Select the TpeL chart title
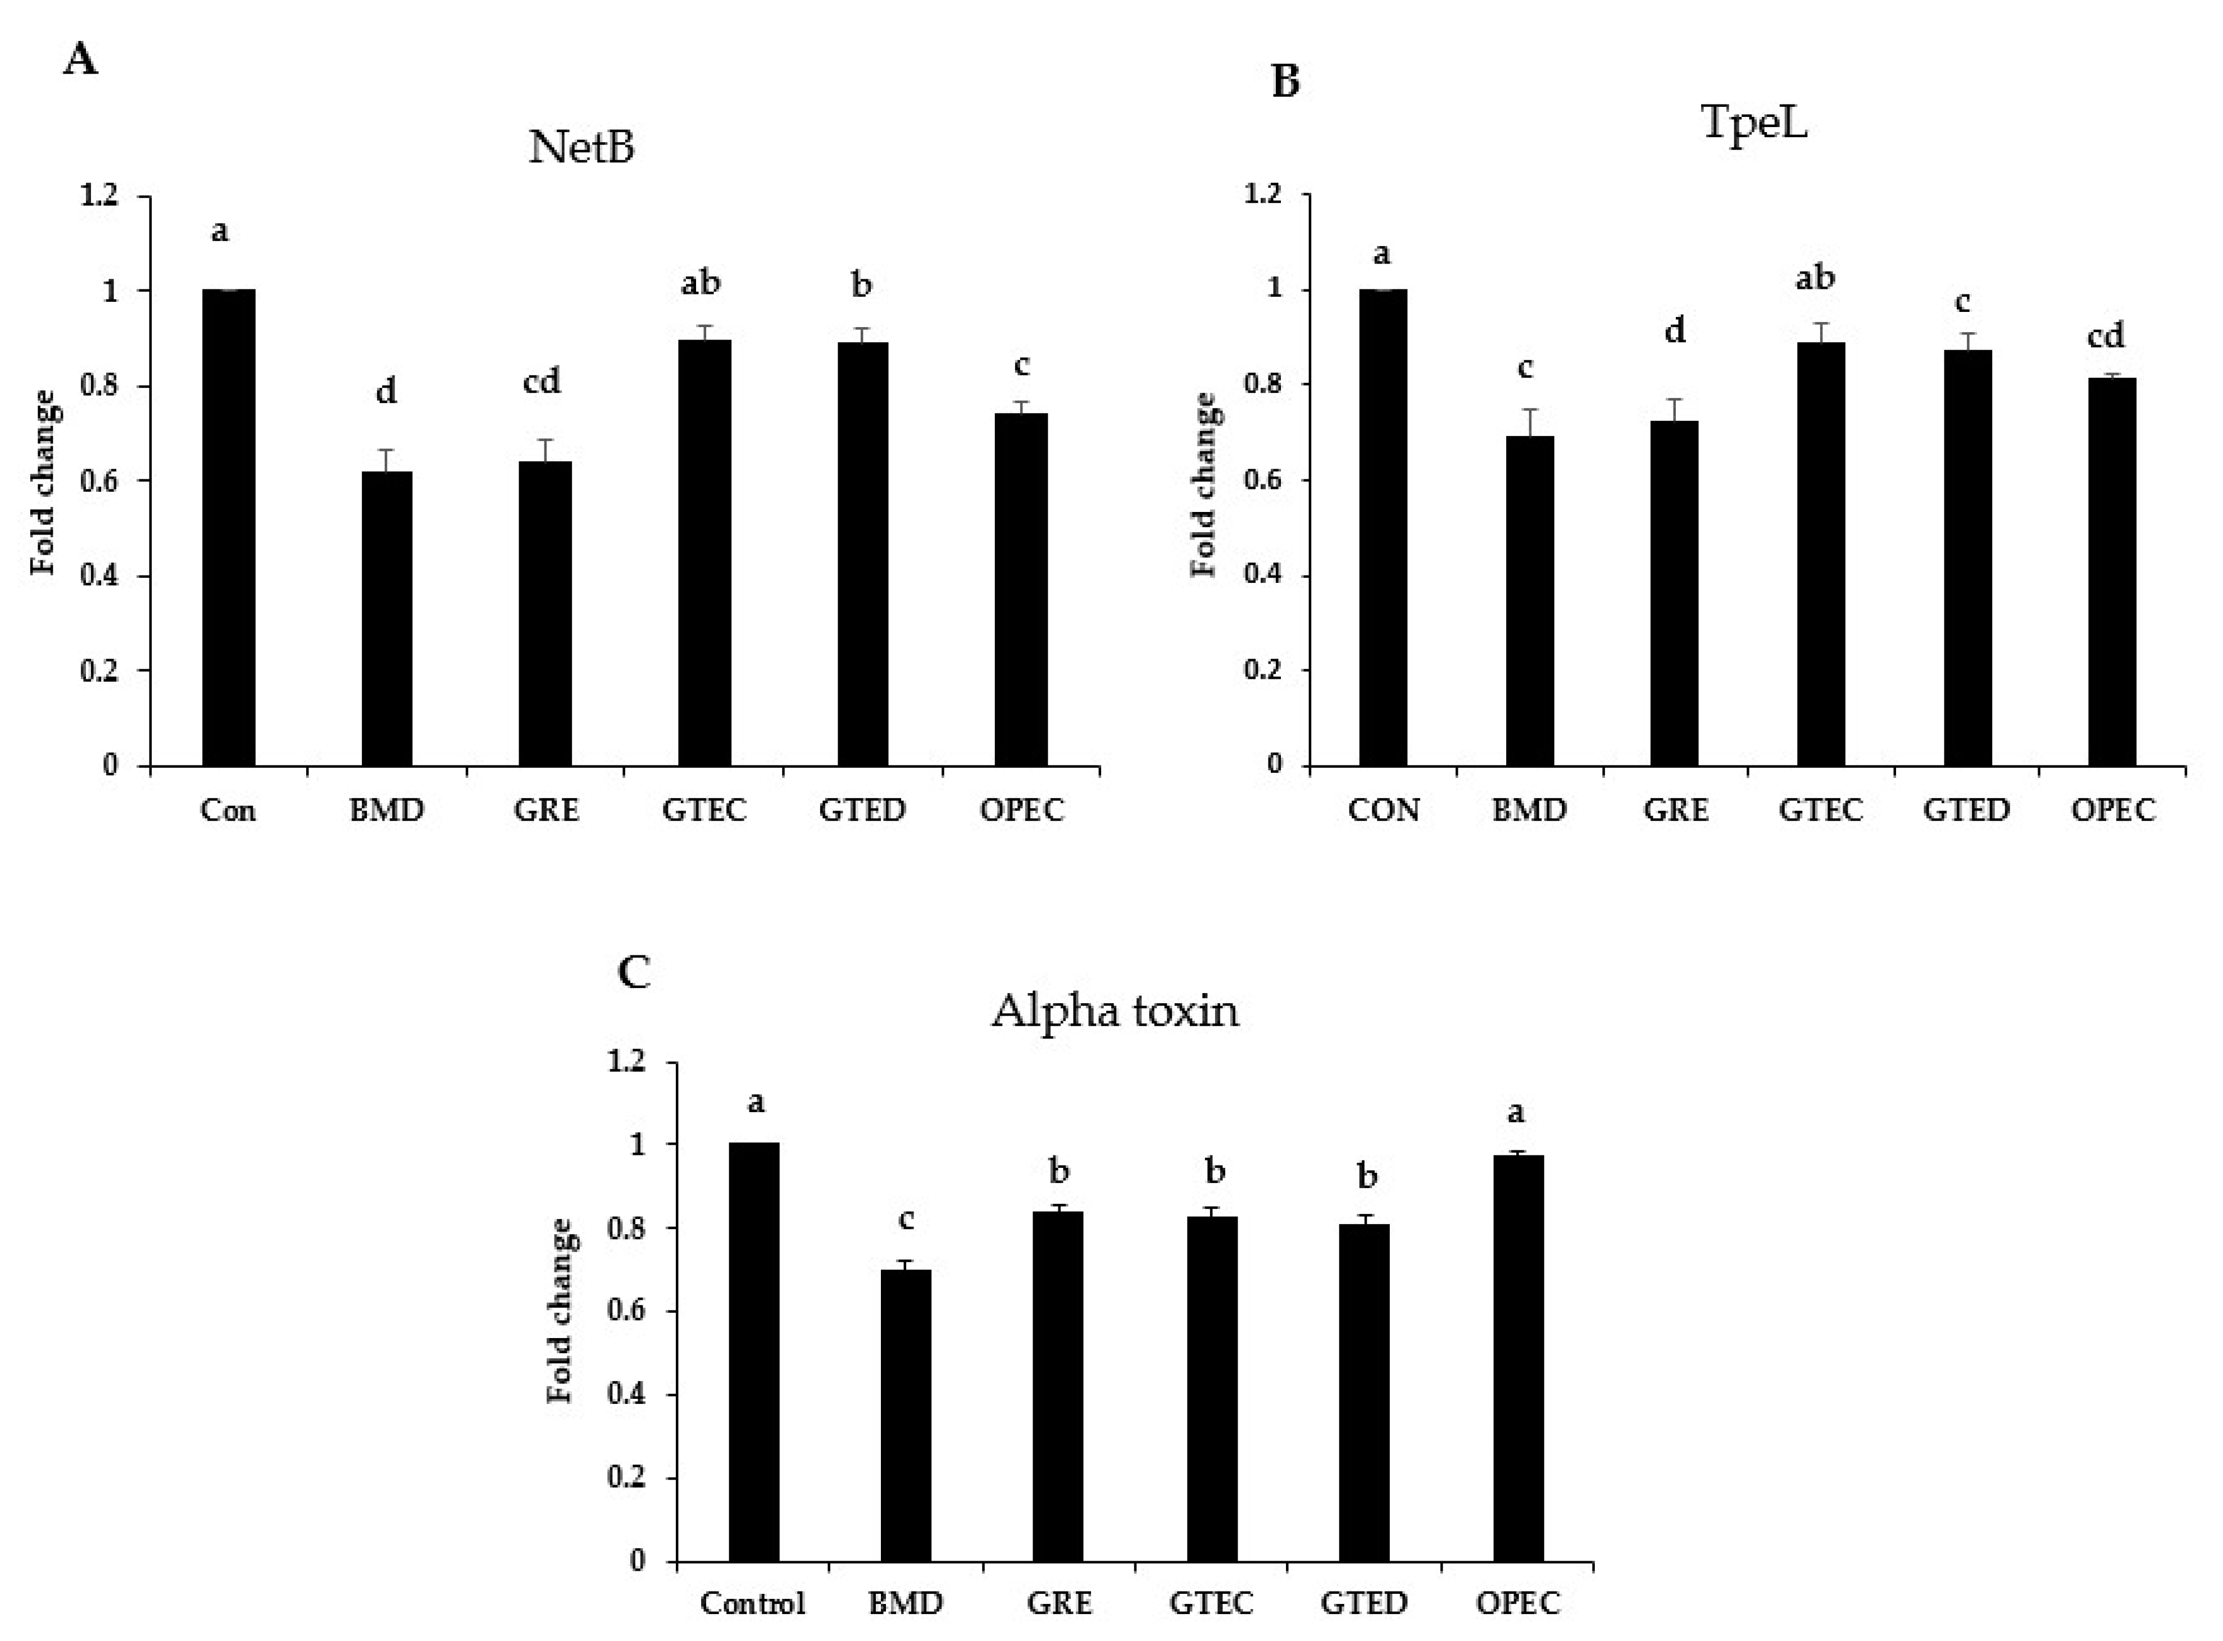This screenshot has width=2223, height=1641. [1753, 123]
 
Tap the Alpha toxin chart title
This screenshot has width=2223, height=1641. [1115, 1011]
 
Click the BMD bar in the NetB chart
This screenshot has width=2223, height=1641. [386, 618]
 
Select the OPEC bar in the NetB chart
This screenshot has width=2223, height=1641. [1022, 588]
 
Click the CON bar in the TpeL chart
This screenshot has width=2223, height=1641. [1383, 527]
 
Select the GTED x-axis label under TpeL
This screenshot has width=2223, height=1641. [1966, 810]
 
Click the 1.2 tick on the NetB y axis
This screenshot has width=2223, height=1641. [99, 196]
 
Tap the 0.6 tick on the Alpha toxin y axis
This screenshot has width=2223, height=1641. [626, 1311]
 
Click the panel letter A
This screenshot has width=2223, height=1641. [80, 61]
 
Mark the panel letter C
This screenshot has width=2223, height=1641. [634, 972]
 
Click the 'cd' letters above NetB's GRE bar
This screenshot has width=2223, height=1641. [542, 380]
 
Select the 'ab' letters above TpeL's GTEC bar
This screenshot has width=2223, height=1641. [1815, 277]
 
